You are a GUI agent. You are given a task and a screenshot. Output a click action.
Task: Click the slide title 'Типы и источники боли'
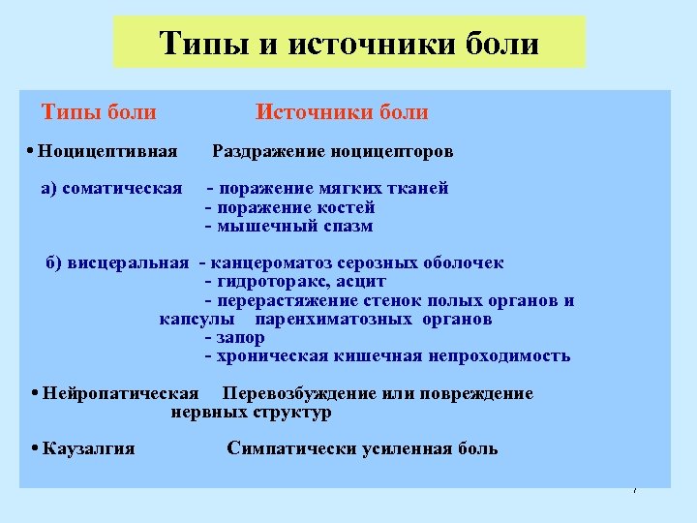[x=349, y=44]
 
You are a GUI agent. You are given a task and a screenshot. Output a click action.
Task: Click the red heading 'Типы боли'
[x=99, y=112]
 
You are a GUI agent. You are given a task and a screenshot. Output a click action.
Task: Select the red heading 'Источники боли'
[x=342, y=112]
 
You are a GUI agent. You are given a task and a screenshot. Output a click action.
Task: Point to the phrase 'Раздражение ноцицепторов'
[x=332, y=152]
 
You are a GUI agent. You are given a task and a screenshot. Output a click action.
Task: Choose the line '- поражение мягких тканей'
[x=327, y=188]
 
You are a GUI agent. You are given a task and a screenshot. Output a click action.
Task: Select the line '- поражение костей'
[x=290, y=207]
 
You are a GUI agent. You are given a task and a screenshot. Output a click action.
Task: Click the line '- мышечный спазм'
[x=288, y=227]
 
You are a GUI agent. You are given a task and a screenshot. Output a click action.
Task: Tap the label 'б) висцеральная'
[x=117, y=263]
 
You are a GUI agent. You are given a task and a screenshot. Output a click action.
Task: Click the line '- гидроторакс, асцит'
[x=295, y=282]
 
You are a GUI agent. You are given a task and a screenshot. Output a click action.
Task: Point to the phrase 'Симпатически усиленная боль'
[x=362, y=448]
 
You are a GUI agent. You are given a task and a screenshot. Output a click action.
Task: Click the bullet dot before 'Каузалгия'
[x=34, y=448]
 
